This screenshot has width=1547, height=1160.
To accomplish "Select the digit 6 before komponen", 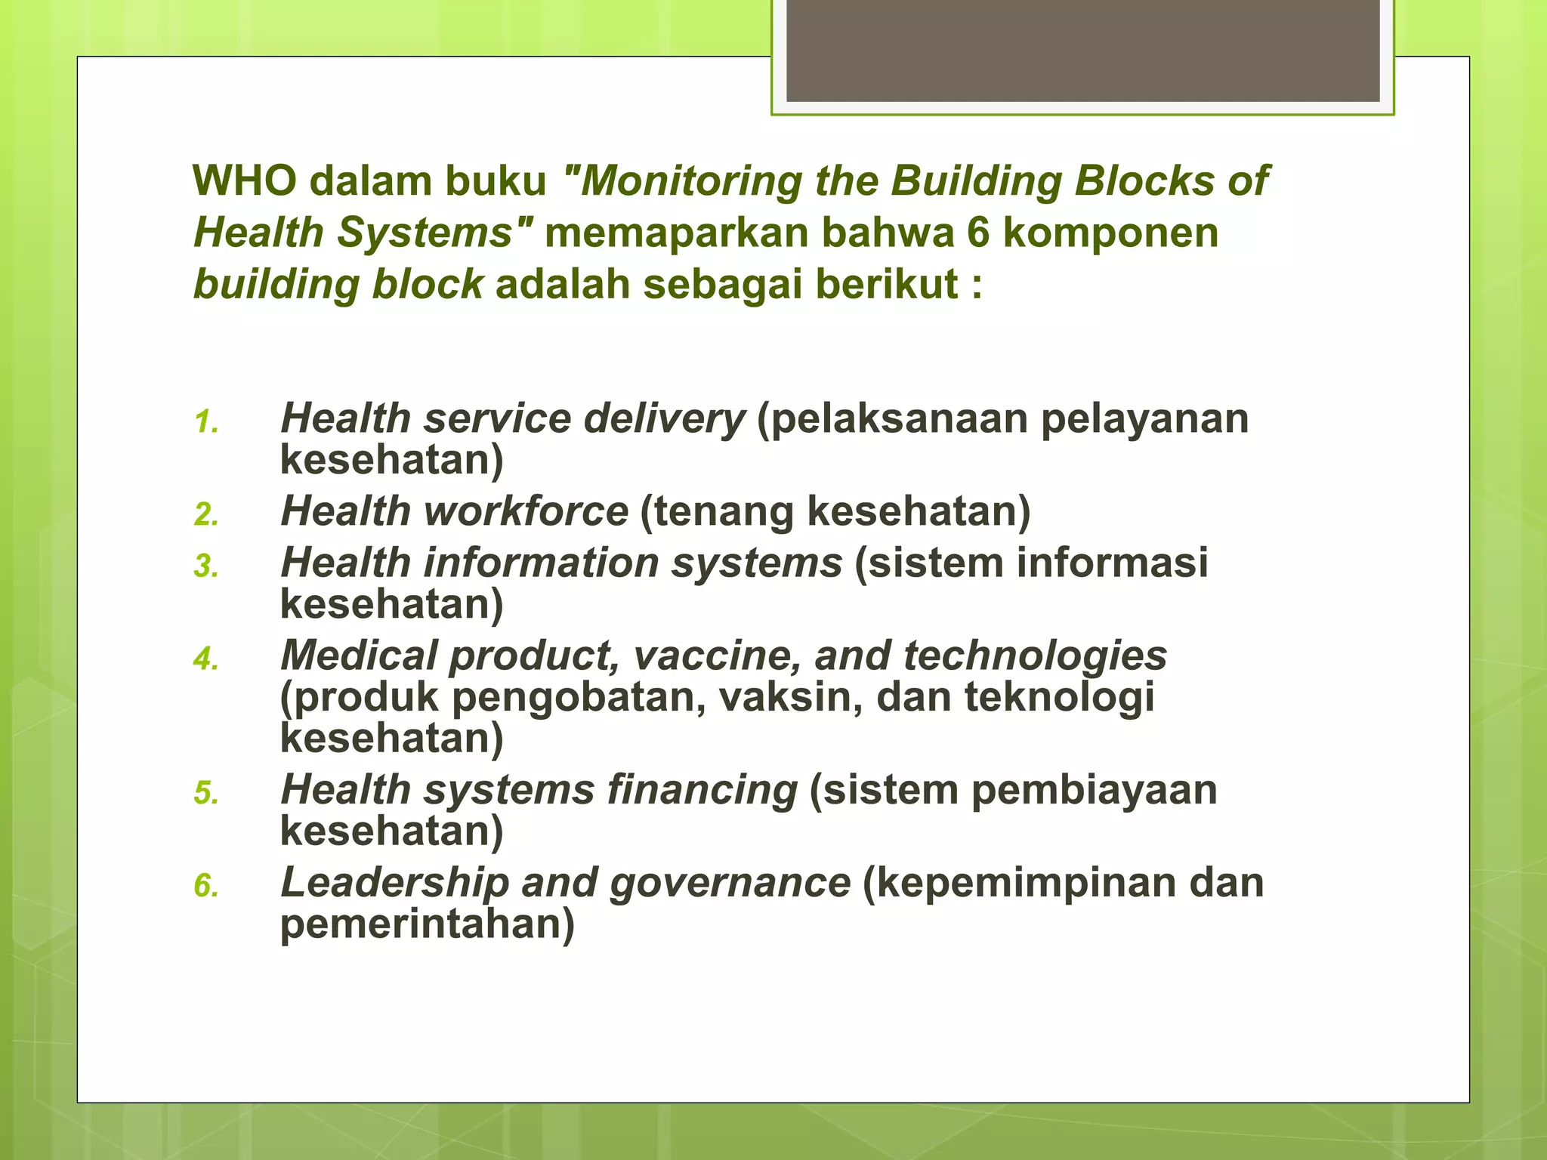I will pos(978,233).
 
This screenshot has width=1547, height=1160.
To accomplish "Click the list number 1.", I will pos(205,423).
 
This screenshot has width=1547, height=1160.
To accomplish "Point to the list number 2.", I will pos(205,515).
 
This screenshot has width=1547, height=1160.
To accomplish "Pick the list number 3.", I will pos(205,566).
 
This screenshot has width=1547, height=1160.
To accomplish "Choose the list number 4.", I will pos(205,659).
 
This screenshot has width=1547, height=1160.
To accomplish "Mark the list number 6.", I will pos(205,886).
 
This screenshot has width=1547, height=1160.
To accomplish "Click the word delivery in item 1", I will pos(664,419).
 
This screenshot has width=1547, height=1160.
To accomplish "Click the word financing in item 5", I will pos(702,790).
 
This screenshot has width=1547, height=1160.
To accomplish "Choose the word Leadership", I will pos(395,882).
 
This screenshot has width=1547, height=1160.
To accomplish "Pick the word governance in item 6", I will pos(730,882).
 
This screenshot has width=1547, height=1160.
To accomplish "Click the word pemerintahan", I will pos(427,924).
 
